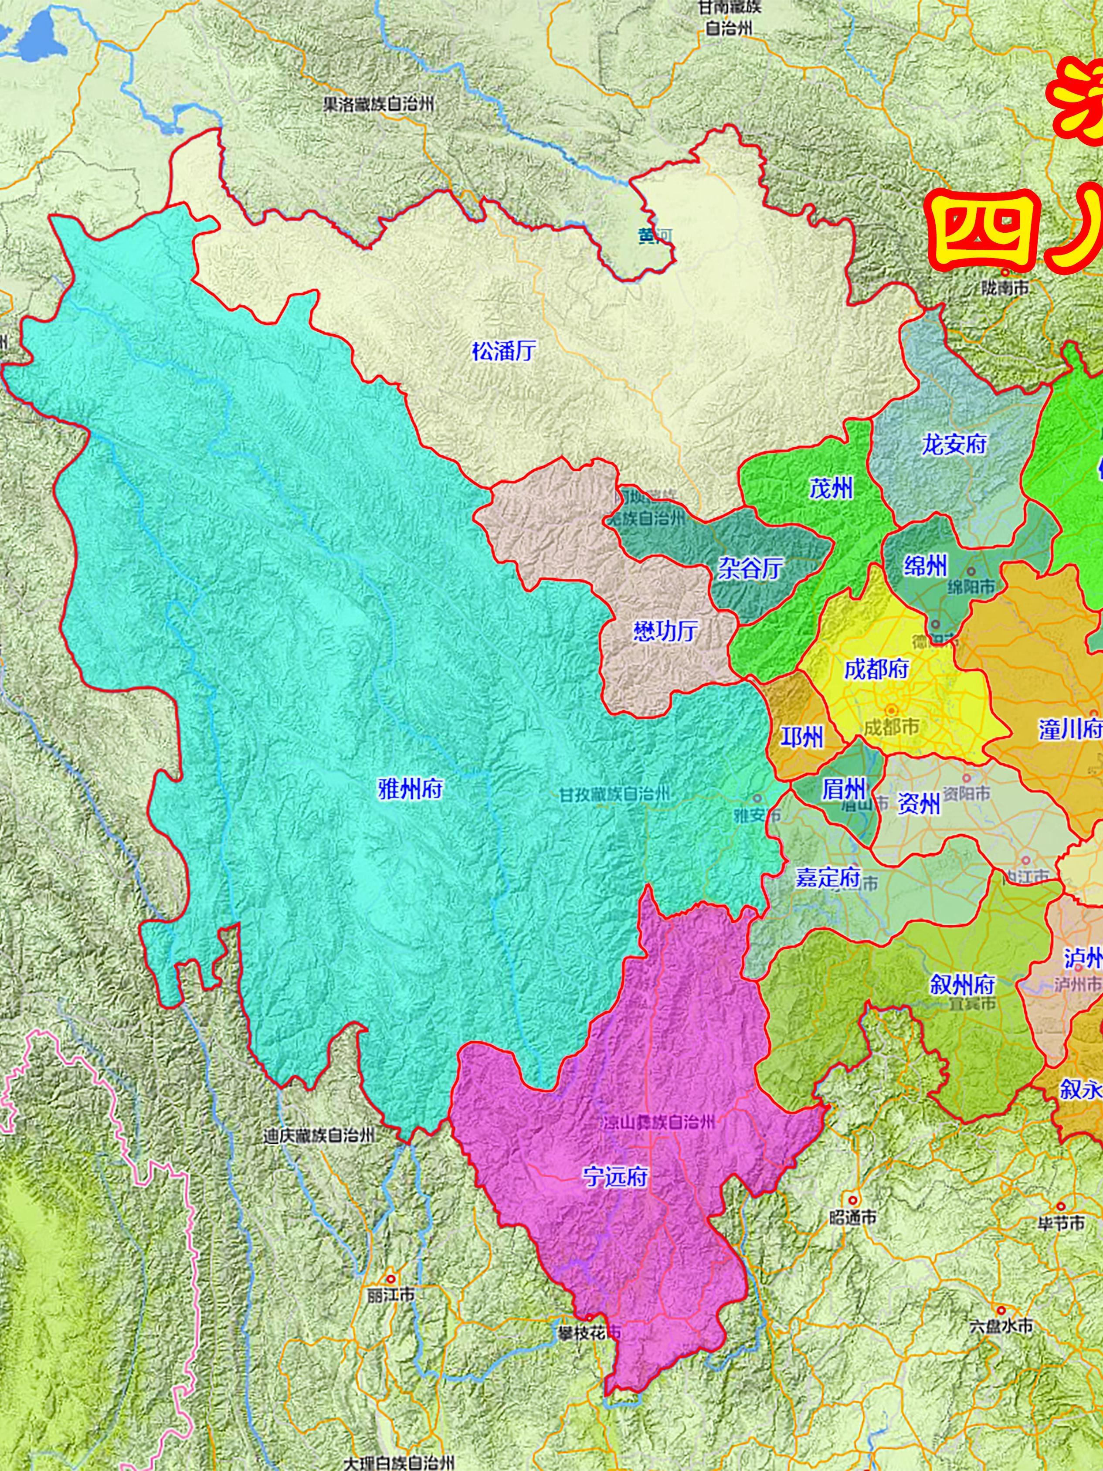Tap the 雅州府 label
pyautogui.click(x=410, y=790)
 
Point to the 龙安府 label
pyautogui.click(x=954, y=444)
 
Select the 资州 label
pyautogui.click(x=918, y=805)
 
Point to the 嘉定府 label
pyautogui.click(x=828, y=878)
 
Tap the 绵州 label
pyautogui.click(x=925, y=567)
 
